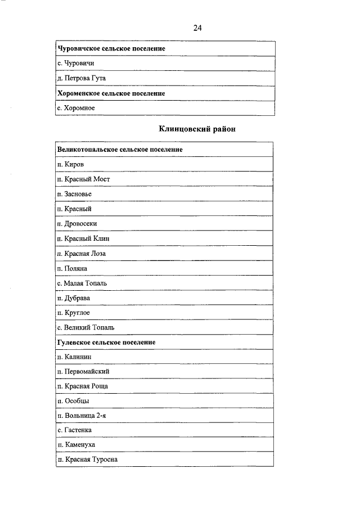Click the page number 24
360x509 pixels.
point(197,28)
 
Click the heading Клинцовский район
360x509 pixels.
point(197,129)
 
